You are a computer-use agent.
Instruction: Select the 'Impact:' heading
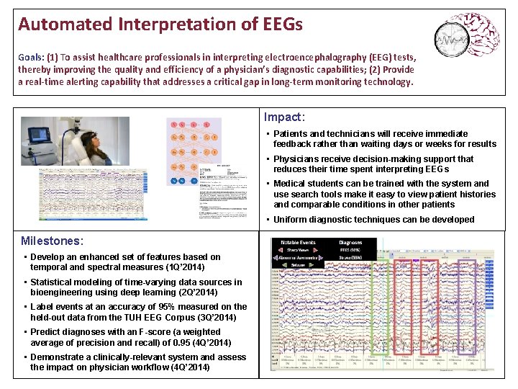click(284, 117)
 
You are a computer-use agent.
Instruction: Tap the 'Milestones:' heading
click(52, 241)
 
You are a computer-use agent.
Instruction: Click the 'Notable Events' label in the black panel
click(298, 243)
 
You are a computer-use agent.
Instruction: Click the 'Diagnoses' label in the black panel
click(350, 243)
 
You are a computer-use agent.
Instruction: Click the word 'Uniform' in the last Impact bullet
click(289, 220)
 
